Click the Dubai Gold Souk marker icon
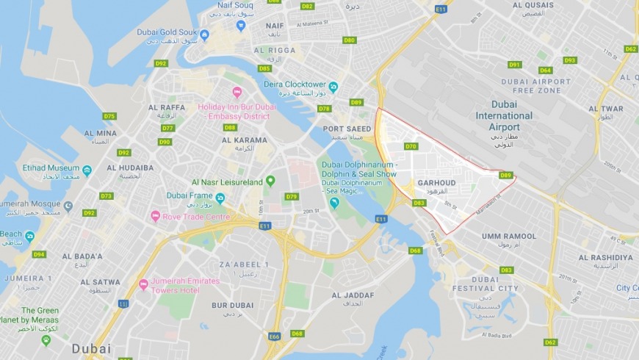(x=204, y=35)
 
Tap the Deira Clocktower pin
(x=333, y=87)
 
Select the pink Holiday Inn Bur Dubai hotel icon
(x=237, y=92)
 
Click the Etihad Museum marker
(x=87, y=170)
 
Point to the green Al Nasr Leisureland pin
(x=270, y=181)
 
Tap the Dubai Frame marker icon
(x=220, y=198)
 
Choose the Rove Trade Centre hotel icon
(x=155, y=216)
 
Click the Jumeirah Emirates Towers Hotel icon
(x=143, y=284)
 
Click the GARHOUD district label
(x=436, y=182)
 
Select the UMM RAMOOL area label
(x=508, y=236)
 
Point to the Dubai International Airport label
(x=504, y=115)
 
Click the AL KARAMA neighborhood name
(x=245, y=140)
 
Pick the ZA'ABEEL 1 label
(x=244, y=264)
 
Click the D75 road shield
(x=109, y=116)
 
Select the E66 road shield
(x=275, y=336)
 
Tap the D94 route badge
(x=39, y=254)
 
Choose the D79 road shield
(x=292, y=196)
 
